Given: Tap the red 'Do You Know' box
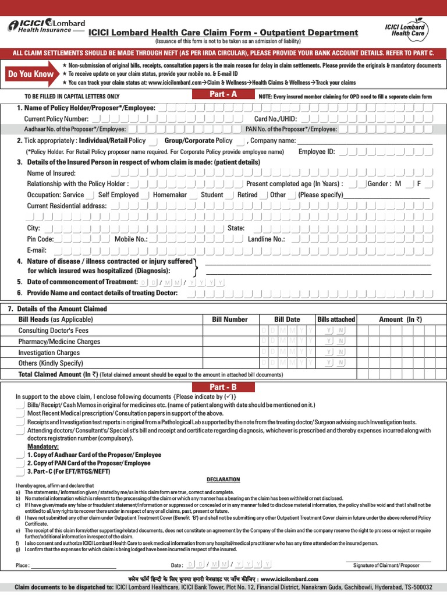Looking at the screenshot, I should coord(31,74).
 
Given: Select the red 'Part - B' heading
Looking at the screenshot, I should coord(223,387).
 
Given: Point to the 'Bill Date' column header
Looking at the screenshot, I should coord(287,319).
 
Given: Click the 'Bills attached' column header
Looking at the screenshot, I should coord(336,319).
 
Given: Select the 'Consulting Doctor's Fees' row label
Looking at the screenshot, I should coord(54,331).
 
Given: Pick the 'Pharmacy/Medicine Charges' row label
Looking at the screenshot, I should coord(59,342).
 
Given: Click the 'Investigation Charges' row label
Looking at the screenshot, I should coord(49,353).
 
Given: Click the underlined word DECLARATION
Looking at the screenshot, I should coord(223,480).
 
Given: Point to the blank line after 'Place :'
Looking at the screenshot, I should coord(73,565).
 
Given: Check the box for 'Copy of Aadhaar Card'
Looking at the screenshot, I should coord(20,455).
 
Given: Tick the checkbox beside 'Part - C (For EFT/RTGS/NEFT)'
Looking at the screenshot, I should coord(20,471).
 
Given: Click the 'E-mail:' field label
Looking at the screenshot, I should coord(38,250).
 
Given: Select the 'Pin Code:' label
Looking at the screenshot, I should coord(40,239).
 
